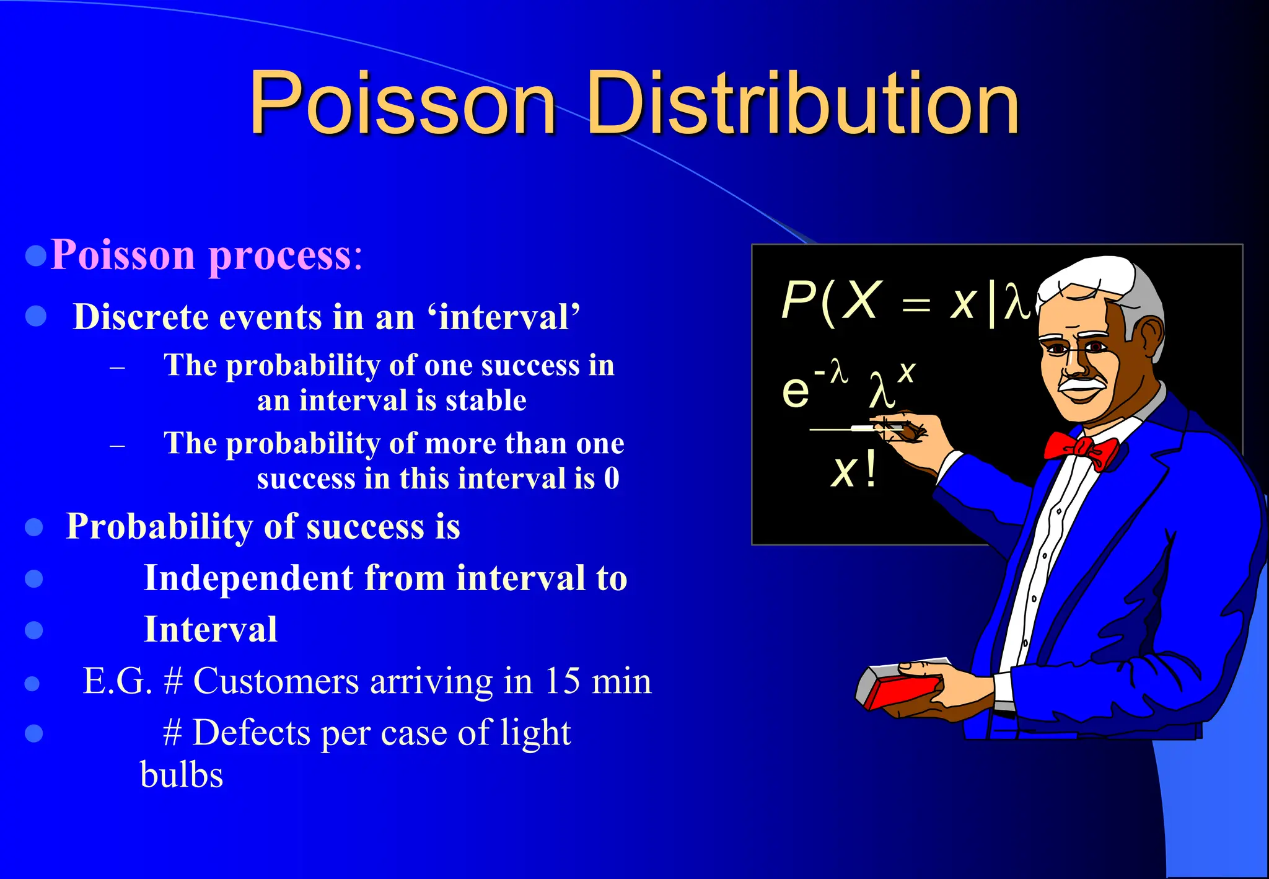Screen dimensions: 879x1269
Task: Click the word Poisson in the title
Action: pos(403,104)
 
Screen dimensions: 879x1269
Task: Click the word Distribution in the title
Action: pos(802,104)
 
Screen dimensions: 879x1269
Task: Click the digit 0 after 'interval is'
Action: pos(612,479)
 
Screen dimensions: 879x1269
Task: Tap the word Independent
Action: pos(248,578)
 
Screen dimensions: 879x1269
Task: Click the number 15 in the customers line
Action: pos(563,681)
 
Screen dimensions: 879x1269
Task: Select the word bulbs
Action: pos(182,775)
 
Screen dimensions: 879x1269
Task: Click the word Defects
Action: pos(252,733)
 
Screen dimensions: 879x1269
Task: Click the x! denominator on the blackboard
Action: pos(854,471)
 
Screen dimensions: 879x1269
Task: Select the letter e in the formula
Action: pos(796,392)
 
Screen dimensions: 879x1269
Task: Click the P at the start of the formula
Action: pos(797,301)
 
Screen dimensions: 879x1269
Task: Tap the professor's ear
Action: pos(1151,338)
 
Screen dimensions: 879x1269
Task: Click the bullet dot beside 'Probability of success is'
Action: pos(34,528)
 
